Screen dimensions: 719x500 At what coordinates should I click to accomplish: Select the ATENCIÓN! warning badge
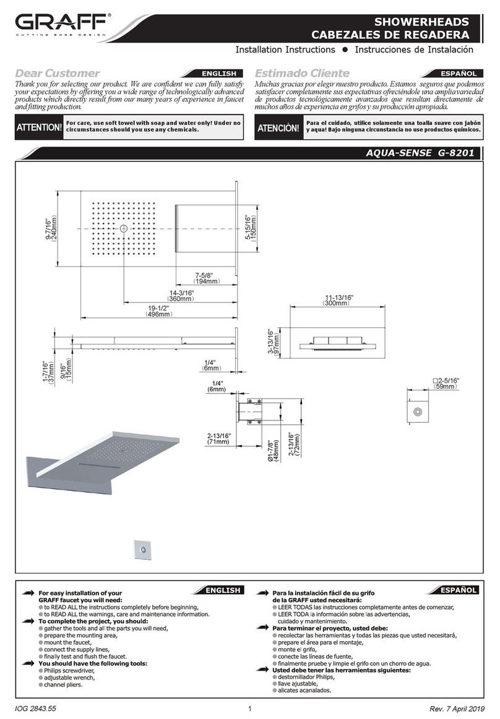(278, 127)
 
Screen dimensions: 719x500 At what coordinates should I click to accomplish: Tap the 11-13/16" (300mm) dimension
(336, 300)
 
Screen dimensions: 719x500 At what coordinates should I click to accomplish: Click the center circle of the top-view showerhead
(124, 229)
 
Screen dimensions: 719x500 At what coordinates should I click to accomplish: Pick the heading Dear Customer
(57, 74)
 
